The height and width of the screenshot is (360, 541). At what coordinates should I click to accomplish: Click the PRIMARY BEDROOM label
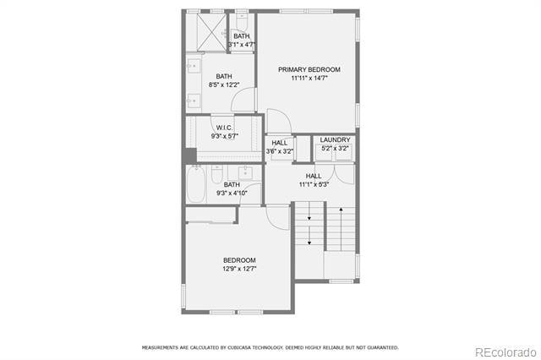pyautogui.click(x=309, y=69)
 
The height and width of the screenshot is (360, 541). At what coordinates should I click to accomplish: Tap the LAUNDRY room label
pyautogui.click(x=336, y=139)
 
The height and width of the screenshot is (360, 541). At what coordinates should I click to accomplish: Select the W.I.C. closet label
pyautogui.click(x=224, y=128)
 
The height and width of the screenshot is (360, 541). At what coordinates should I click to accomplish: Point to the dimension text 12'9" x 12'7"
pyautogui.click(x=239, y=269)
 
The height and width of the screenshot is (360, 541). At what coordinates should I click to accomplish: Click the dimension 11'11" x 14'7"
pyautogui.click(x=309, y=79)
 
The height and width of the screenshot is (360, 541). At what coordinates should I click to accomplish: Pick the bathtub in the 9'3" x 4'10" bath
pyautogui.click(x=196, y=185)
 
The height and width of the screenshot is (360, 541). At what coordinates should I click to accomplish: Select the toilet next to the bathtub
pyautogui.click(x=217, y=173)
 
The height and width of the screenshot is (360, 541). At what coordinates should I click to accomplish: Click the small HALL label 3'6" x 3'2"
pyautogui.click(x=279, y=143)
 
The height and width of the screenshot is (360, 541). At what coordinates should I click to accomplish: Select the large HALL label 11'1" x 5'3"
pyautogui.click(x=314, y=176)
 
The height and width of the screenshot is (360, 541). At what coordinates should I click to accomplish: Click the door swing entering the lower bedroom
pyautogui.click(x=277, y=214)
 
